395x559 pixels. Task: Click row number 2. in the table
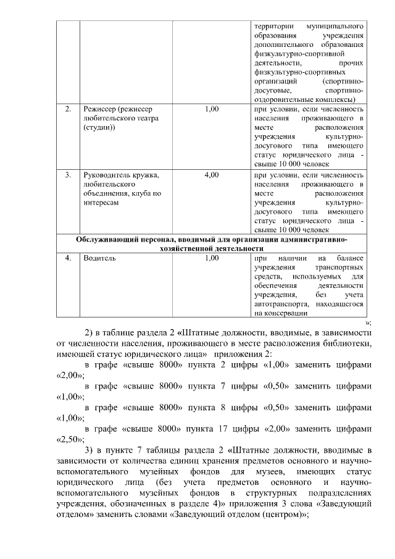coord(68,109)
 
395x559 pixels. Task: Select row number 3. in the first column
coord(68,175)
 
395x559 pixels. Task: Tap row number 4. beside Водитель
coord(68,258)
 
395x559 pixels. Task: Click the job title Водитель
coord(99,258)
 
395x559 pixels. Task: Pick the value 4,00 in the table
coord(211,175)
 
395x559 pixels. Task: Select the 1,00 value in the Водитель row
coord(211,258)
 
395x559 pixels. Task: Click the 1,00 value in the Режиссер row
coord(211,109)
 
